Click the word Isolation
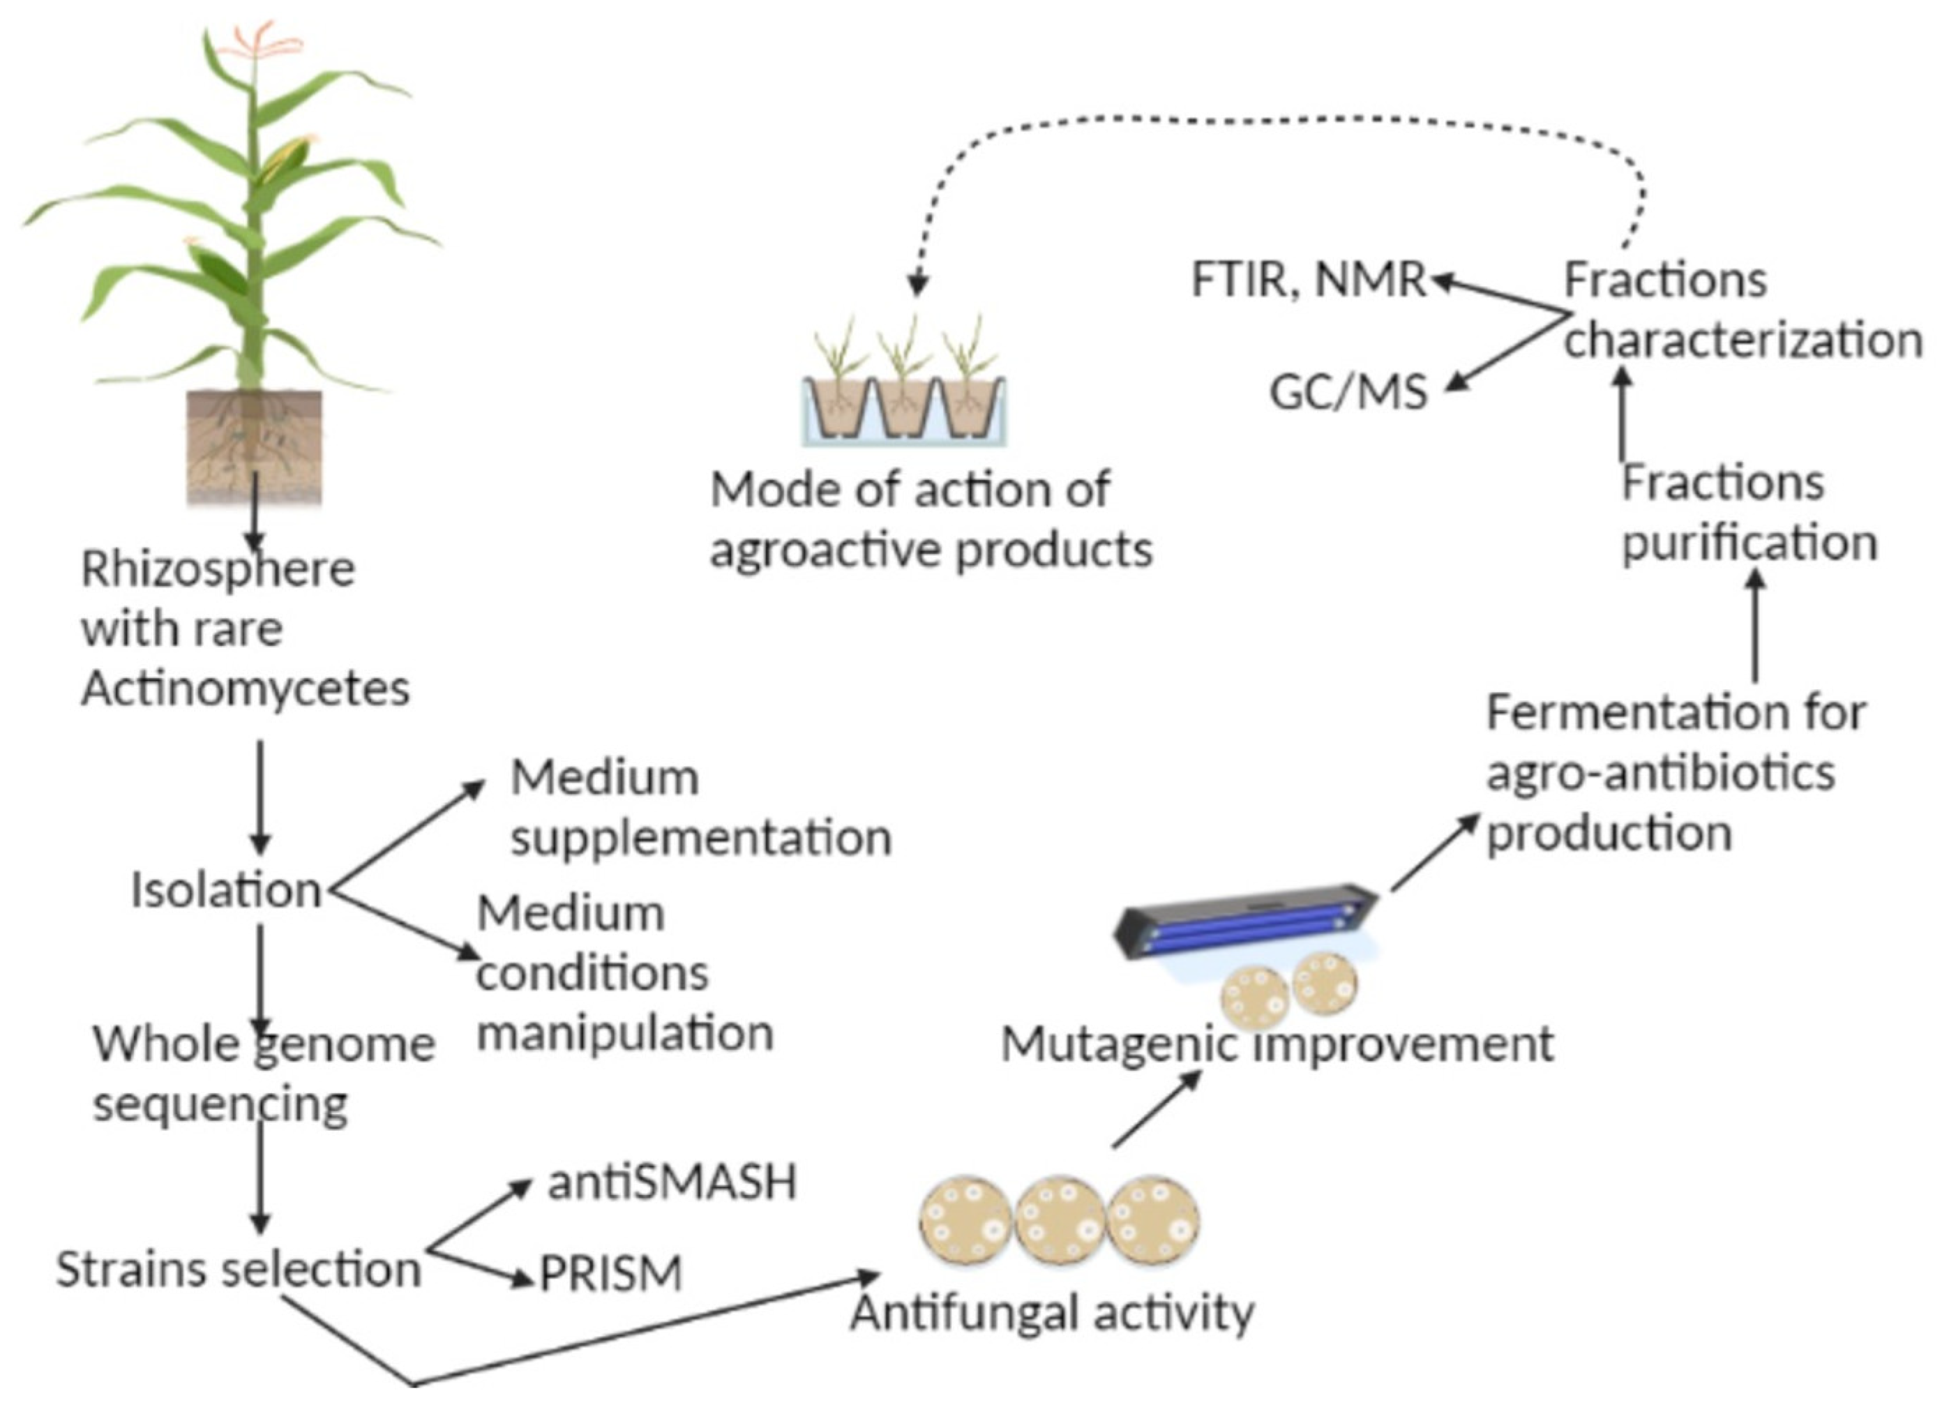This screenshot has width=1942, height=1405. click(226, 890)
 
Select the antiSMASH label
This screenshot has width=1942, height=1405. click(672, 1182)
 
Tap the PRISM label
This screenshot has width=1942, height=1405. click(610, 1273)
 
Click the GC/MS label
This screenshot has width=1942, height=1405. click(1348, 393)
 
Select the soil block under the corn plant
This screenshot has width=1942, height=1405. click(255, 445)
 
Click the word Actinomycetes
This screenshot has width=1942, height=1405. click(246, 689)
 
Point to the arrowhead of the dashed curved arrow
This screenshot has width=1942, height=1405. click(918, 286)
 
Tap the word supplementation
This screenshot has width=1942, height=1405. click(701, 836)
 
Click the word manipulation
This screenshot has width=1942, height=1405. click(625, 1032)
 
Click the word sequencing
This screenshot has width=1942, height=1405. click(221, 1104)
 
